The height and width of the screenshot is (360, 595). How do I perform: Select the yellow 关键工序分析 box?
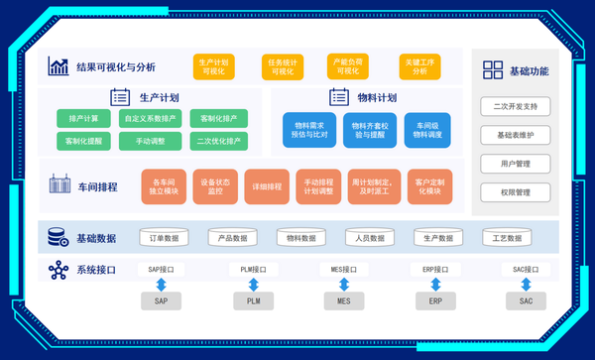[419, 66]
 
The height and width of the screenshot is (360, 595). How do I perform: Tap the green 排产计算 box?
[83, 118]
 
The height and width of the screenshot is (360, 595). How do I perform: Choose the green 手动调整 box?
[150, 141]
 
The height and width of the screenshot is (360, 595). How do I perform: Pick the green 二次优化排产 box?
[217, 141]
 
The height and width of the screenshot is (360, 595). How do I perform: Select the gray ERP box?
[435, 300]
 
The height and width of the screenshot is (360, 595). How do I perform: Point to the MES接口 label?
[343, 269]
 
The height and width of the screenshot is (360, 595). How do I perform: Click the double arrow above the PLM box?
[253, 283]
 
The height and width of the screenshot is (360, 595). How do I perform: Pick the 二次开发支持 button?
[514, 105]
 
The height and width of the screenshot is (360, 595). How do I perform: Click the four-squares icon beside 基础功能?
[493, 70]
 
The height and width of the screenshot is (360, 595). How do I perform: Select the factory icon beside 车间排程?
[58, 185]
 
